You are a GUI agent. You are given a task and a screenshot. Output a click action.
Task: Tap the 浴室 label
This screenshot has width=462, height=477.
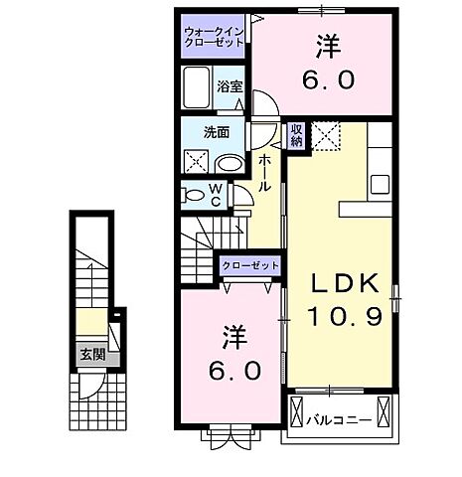pyautogui.click(x=231, y=86)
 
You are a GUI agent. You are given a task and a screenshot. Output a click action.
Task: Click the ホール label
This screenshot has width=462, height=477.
pyautogui.click(x=265, y=173)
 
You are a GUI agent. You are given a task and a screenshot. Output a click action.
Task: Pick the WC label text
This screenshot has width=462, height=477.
pyautogui.click(x=213, y=194)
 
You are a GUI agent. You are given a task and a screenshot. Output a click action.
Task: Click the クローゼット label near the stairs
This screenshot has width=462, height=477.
pyautogui.click(x=248, y=266)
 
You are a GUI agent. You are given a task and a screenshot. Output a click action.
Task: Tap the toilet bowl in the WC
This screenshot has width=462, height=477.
pyautogui.click(x=193, y=195)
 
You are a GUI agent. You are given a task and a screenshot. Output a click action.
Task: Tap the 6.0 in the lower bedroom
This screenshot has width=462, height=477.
pyautogui.click(x=234, y=371)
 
